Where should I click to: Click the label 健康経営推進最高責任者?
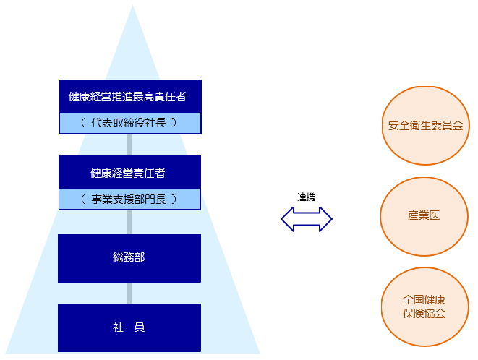click(127, 97)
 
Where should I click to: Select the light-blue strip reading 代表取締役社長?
click(130, 123)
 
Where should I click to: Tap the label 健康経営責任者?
click(128, 173)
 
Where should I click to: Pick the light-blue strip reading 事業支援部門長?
click(129, 199)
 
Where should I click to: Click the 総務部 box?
click(129, 258)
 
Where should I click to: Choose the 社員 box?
click(129, 327)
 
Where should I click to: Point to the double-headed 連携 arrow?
click(307, 219)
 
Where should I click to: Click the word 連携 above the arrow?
click(307, 197)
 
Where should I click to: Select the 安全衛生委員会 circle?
click(425, 126)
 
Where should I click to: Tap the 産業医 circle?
click(424, 216)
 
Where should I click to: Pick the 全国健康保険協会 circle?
click(424, 307)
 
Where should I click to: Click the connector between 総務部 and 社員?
click(129, 293)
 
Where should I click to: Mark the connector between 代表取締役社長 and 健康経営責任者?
click(129, 145)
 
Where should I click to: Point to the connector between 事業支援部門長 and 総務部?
click(129, 222)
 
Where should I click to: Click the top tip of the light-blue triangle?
click(132, 5)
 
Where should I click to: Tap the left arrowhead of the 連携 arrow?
click(288, 219)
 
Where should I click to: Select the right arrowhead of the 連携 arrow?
click(326, 219)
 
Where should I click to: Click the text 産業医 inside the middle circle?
click(424, 215)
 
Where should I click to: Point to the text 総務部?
click(129, 257)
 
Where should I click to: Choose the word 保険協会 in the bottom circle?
click(424, 313)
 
